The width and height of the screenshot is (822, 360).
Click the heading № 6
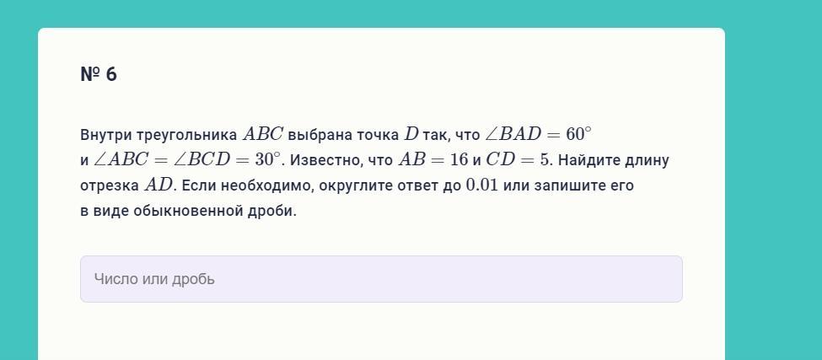coord(99,74)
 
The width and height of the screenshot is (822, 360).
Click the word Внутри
coord(106,135)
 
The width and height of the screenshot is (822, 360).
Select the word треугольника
coord(187,136)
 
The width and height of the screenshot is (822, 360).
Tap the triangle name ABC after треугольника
coord(263,135)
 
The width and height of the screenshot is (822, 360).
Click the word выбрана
coord(320,135)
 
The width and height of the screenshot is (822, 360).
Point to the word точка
coord(378,135)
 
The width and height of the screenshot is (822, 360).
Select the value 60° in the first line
coord(578,134)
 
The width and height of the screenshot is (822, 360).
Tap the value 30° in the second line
coord(268,159)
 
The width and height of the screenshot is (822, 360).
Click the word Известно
coord(325,160)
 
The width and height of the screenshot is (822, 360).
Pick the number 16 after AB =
coord(459,160)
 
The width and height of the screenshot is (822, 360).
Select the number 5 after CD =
coord(543,160)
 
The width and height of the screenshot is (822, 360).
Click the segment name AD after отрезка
coord(158,185)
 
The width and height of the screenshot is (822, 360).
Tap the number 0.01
coord(481,185)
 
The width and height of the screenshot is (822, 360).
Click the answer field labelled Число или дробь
coord(381,279)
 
